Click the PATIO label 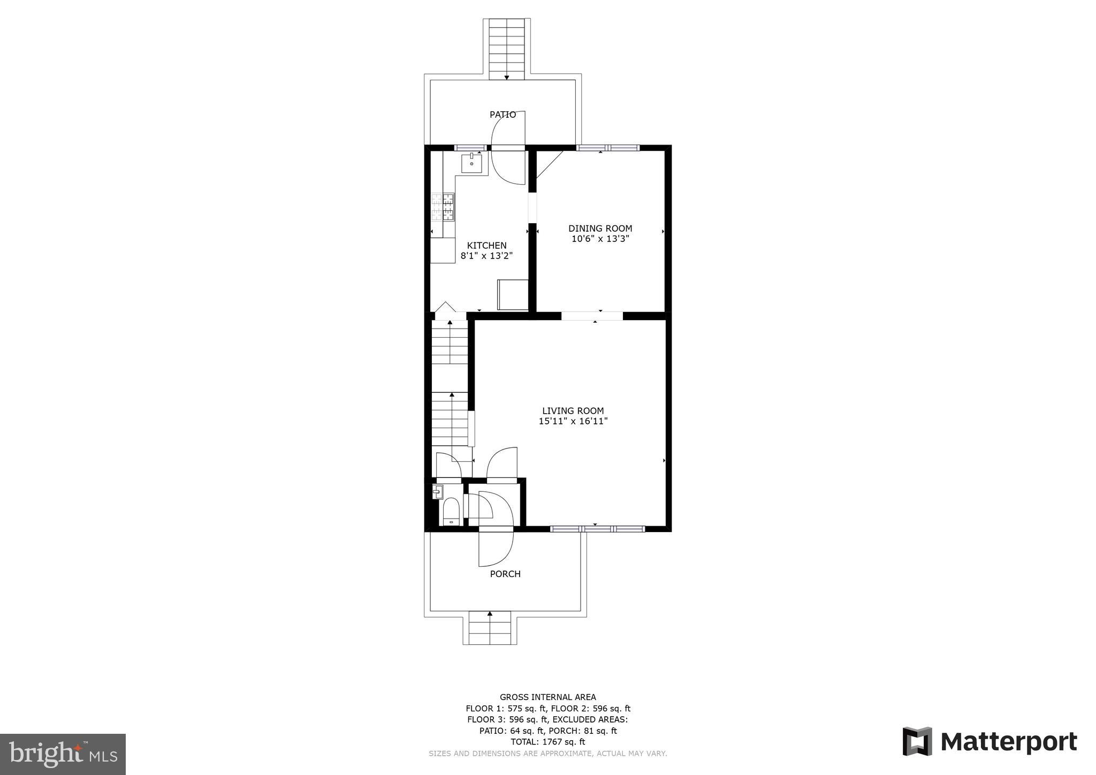(503, 115)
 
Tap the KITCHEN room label (486, 246)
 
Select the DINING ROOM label (600, 229)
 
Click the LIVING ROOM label (573, 411)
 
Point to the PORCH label (505, 574)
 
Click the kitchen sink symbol (471, 162)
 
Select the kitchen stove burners (443, 207)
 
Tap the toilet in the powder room (451, 511)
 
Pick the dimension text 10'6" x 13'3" (600, 239)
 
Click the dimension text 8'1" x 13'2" (486, 256)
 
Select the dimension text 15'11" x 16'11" (573, 422)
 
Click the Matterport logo (990, 742)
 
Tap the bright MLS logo (63, 755)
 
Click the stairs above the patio (507, 48)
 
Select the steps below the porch (490, 629)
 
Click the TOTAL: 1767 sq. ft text (547, 742)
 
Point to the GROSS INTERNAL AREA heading (547, 697)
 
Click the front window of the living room (597, 529)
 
